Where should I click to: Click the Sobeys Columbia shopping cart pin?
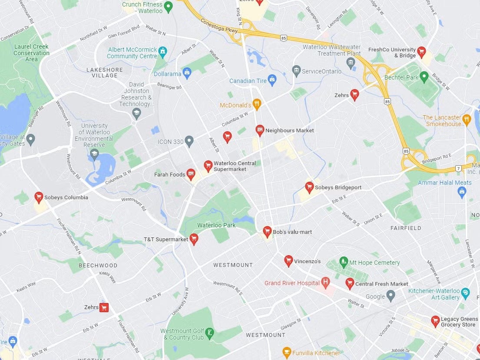click(x=39, y=197)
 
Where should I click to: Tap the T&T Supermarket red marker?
click(x=194, y=239)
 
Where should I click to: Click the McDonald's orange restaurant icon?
click(x=257, y=104)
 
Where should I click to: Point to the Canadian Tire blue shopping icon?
click(x=272, y=80)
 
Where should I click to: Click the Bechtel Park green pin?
click(x=424, y=77)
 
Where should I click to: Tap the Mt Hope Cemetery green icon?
click(x=344, y=262)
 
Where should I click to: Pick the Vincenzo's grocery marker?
click(x=288, y=260)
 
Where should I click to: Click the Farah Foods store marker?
click(x=191, y=174)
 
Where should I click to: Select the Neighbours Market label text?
click(x=289, y=130)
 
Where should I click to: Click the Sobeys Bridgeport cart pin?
click(x=309, y=187)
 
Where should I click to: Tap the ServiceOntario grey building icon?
click(x=296, y=70)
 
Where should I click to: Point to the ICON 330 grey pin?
click(x=189, y=141)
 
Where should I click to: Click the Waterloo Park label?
click(x=216, y=225)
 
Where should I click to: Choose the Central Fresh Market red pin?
click(x=349, y=283)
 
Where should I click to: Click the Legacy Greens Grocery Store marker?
click(x=435, y=321)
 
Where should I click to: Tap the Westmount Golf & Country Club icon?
click(x=210, y=333)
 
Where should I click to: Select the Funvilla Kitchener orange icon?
click(x=286, y=352)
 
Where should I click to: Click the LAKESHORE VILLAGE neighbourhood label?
click(x=105, y=73)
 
